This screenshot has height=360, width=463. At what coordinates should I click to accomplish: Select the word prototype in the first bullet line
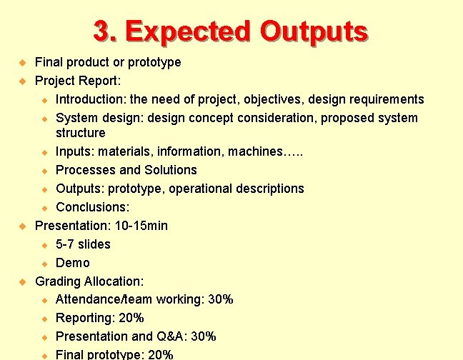154,62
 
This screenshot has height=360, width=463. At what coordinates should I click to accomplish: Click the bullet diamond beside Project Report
22,81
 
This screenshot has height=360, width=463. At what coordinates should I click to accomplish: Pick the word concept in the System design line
205,118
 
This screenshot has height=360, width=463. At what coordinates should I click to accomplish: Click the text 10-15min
141,226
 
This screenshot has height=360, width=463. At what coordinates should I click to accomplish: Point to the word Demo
73,263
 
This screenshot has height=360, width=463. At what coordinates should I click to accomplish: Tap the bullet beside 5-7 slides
44,245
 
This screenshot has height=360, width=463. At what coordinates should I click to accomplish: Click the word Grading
58,281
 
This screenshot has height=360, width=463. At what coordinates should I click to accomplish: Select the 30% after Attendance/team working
221,300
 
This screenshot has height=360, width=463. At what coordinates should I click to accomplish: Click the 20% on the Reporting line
131,319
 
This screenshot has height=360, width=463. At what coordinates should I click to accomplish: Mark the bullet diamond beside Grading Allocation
22,282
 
